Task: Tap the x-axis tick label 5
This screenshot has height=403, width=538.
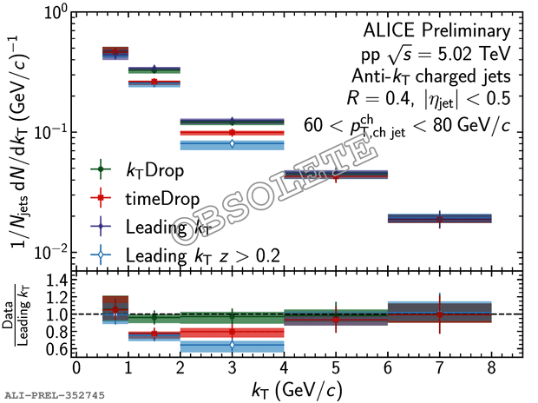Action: pyautogui.click(x=336, y=367)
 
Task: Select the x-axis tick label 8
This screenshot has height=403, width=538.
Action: pyautogui.click(x=492, y=367)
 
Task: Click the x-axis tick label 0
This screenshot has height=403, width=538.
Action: pyautogui.click(x=76, y=367)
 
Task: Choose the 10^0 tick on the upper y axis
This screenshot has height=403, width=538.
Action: pyautogui.click(x=55, y=13)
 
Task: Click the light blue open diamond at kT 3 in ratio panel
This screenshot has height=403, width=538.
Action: pyautogui.click(x=232, y=346)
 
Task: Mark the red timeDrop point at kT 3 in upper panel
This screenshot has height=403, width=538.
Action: pyautogui.click(x=232, y=133)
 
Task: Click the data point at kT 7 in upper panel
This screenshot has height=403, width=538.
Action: pyautogui.click(x=440, y=219)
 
